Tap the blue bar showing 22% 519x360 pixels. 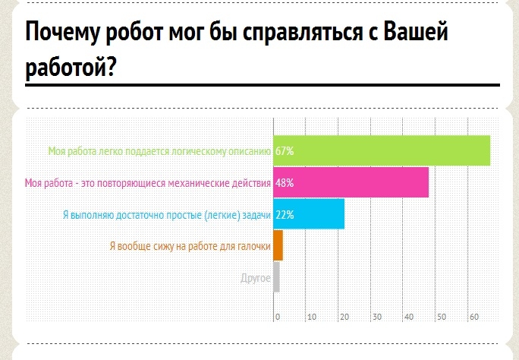tap(309, 214)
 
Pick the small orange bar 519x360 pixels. tap(278, 245)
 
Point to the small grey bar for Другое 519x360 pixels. tap(276, 277)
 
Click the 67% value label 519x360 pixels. tap(285, 151)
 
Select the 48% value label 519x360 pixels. tap(285, 183)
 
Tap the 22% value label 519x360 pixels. tap(285, 215)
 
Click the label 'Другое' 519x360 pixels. tap(255, 278)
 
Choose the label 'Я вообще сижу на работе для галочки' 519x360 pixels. tap(190, 246)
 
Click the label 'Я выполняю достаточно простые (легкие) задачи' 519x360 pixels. tap(166, 215)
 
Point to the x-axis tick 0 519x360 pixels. tap(278, 317)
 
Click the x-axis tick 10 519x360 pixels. tap(310, 317)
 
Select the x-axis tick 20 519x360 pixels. tap(343, 317)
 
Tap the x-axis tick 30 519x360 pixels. tap(376, 317)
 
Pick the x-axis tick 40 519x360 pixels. tap(408, 317)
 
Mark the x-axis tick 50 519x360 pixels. tap(441, 317)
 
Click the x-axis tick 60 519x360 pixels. tap(473, 317)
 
